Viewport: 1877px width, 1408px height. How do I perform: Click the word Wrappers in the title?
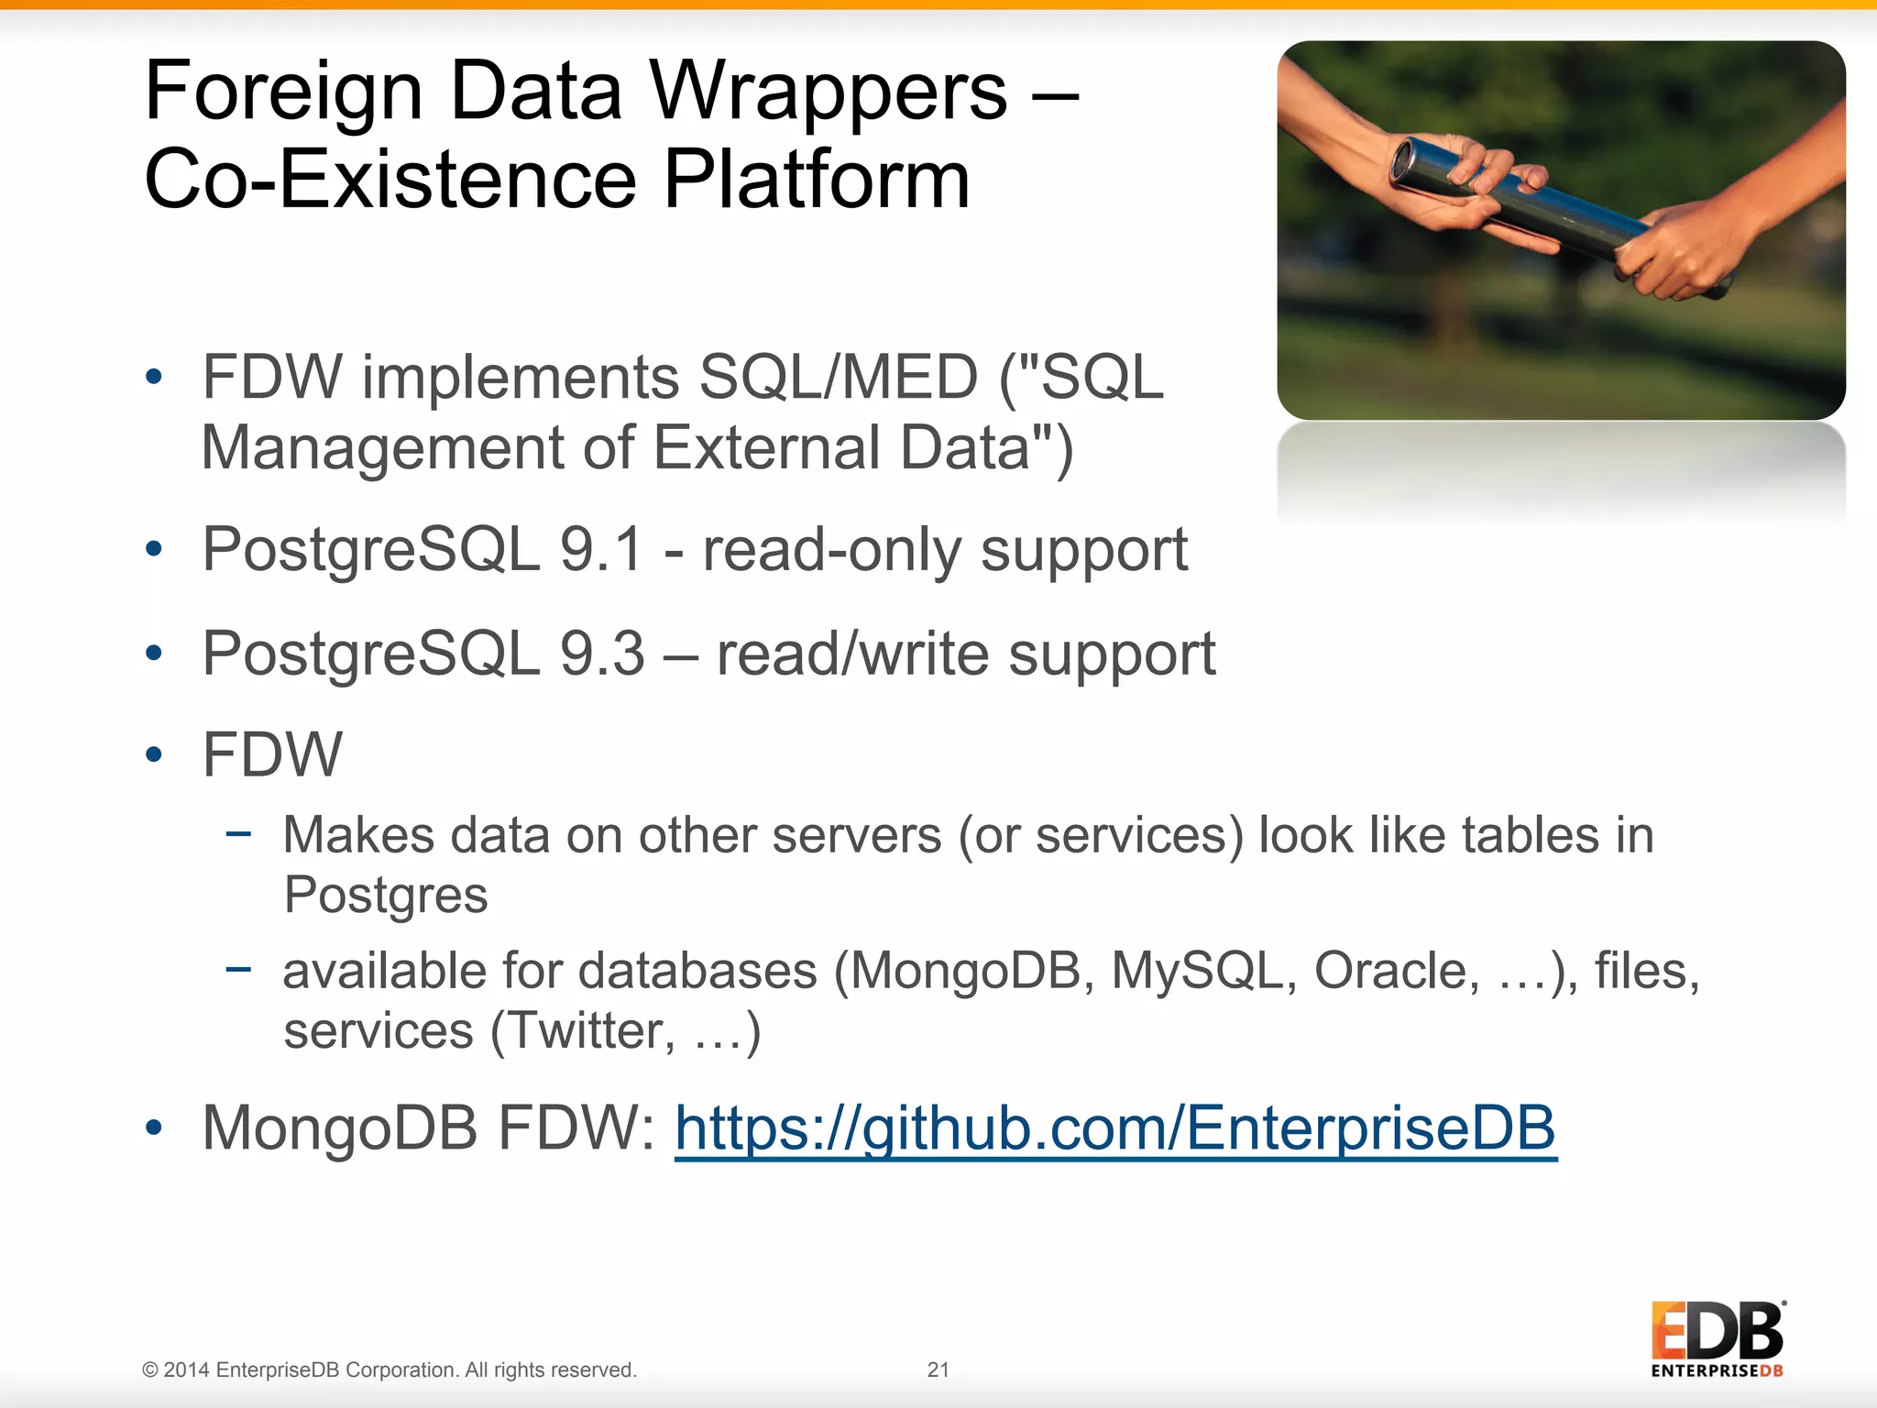[x=829, y=92]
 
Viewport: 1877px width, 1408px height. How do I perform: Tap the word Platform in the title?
[x=816, y=180]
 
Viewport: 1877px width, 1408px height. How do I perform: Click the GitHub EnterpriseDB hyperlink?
[x=1115, y=1127]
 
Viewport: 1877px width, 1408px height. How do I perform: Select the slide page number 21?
[x=938, y=1369]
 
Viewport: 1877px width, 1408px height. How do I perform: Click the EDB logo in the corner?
[x=1718, y=1338]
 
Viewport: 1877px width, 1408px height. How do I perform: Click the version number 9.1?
[x=601, y=550]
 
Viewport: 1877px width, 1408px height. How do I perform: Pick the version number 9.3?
[x=602, y=654]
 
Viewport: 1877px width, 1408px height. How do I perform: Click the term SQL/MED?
[x=838, y=377]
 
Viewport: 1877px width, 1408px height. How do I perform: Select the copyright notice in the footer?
[x=389, y=1369]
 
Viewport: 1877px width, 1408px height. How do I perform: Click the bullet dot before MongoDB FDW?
[x=153, y=1127]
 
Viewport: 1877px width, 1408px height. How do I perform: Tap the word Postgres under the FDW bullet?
[x=385, y=895]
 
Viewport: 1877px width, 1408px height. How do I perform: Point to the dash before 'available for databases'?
[x=238, y=968]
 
